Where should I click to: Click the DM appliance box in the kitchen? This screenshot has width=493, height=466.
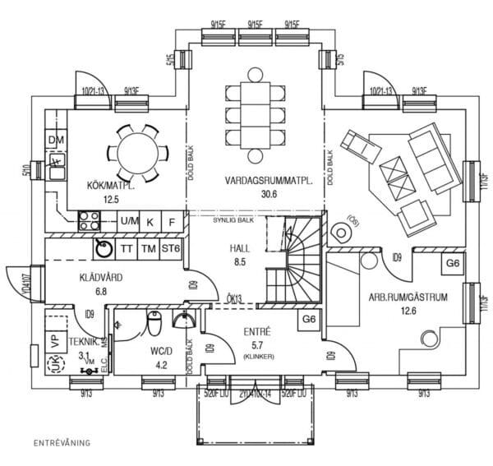click(56, 141)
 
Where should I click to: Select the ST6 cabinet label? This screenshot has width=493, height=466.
click(171, 248)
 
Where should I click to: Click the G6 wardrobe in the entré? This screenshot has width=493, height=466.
click(309, 319)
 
